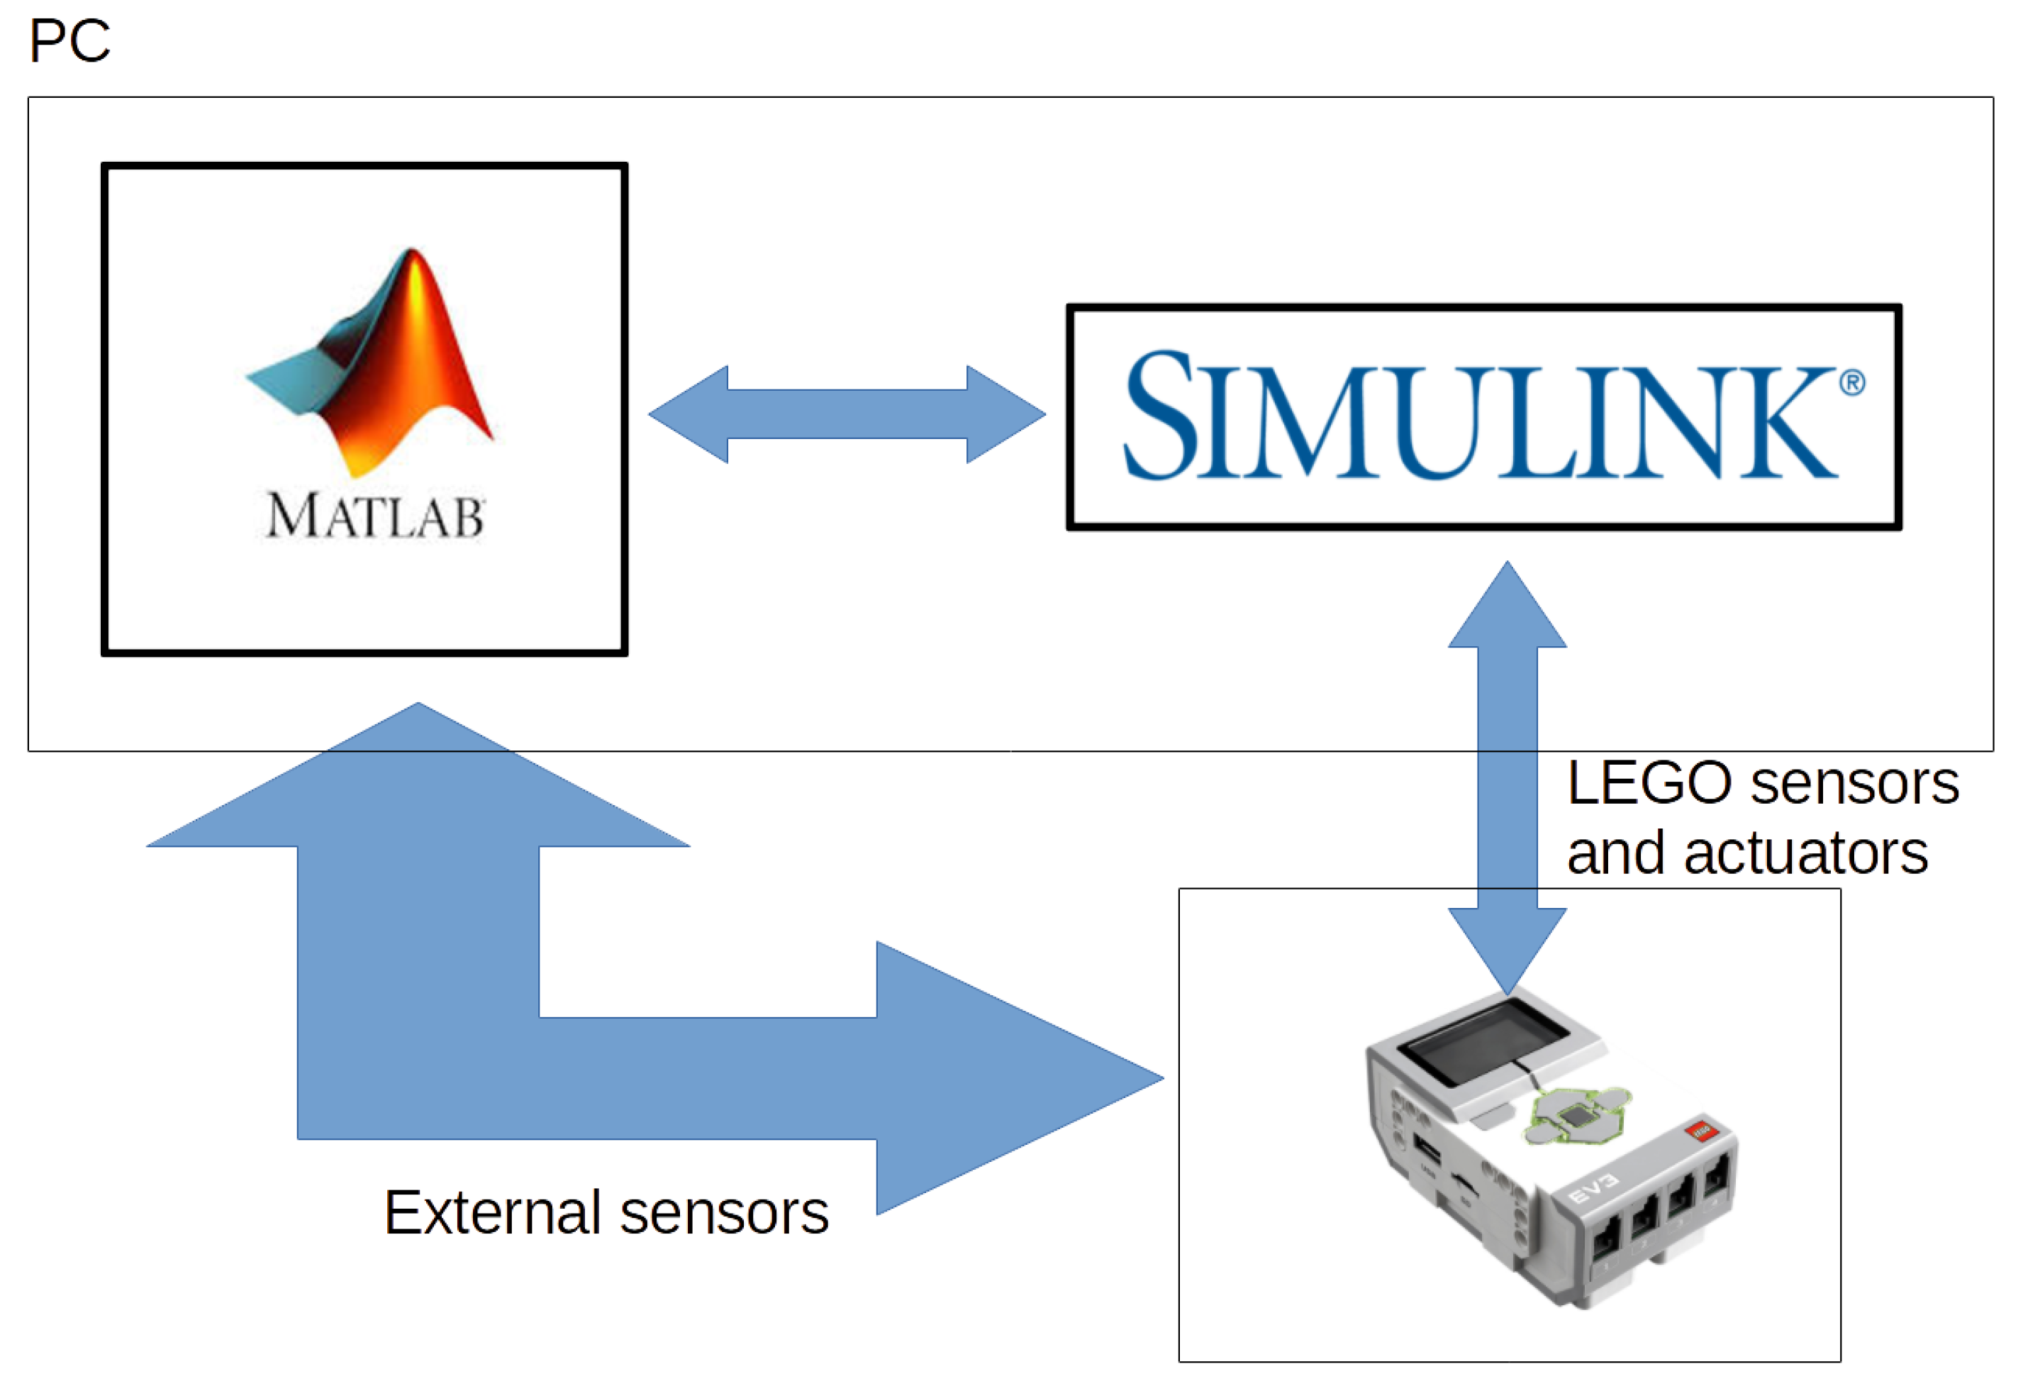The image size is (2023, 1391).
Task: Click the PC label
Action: (69, 41)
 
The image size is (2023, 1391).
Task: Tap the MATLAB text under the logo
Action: (374, 516)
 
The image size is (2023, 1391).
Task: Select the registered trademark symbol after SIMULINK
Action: (1853, 382)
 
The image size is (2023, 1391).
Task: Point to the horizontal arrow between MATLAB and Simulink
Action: (847, 414)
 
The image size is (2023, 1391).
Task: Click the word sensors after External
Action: (724, 1212)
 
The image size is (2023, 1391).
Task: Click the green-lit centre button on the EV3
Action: (1575, 1116)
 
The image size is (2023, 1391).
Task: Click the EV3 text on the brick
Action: (1593, 1188)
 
